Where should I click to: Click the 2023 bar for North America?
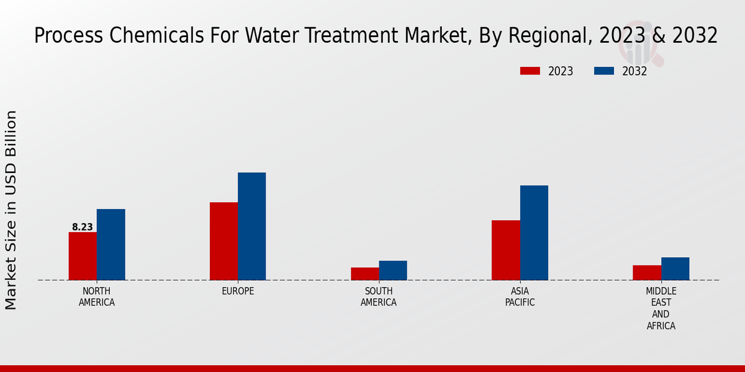pos(83,256)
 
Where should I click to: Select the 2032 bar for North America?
pos(111,244)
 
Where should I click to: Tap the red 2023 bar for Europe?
pos(223,241)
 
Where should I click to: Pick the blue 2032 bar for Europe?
pos(251,226)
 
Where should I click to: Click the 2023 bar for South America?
pos(364,273)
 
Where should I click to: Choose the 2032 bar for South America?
pos(393,270)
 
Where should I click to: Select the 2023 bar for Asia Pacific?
pos(506,250)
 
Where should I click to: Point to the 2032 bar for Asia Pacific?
pos(534,232)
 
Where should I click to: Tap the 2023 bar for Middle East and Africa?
pos(647,273)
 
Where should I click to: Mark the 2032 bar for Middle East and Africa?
pos(675,268)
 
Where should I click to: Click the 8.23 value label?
pos(83,227)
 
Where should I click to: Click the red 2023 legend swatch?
pos(530,71)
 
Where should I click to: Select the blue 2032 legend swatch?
pos(604,71)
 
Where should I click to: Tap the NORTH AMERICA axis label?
pos(97,297)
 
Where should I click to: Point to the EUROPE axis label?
pos(238,291)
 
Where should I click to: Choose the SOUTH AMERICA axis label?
pos(379,297)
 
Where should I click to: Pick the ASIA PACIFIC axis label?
pos(520,297)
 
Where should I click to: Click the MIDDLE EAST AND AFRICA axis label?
pos(661,308)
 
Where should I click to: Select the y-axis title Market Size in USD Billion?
pos(11,210)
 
